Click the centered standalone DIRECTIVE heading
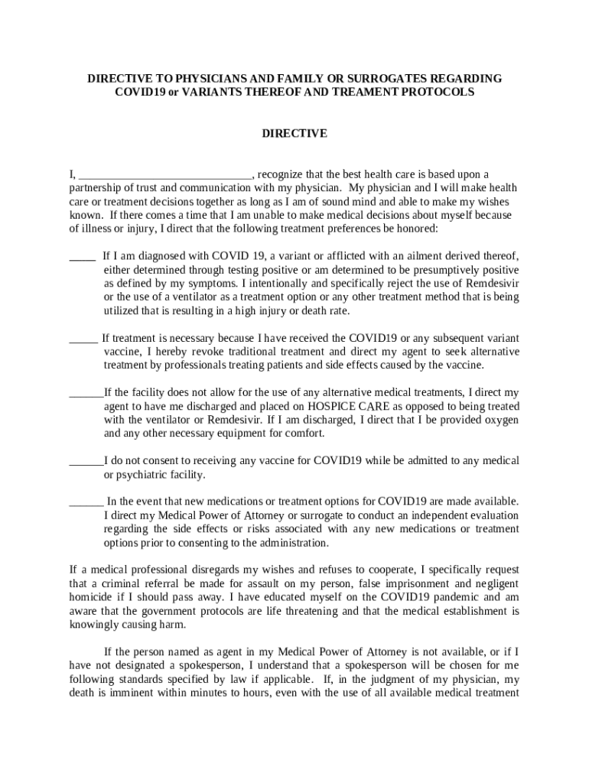[x=294, y=133]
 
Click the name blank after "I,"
[x=165, y=174]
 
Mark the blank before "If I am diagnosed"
[x=82, y=256]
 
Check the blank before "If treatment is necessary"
[x=83, y=338]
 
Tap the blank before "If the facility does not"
[x=86, y=393]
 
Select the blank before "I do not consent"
[x=86, y=461]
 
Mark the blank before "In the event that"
[x=86, y=502]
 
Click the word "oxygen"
[x=500, y=420]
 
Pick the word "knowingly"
[x=97, y=625]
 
